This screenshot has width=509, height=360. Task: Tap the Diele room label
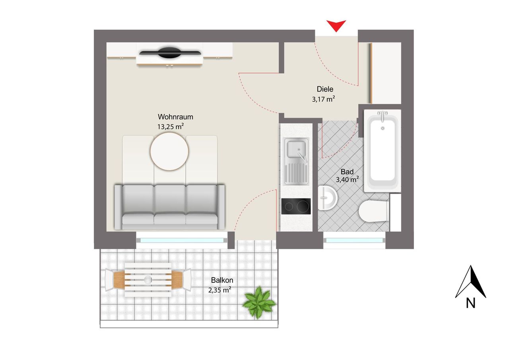tap(325, 89)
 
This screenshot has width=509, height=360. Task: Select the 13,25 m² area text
tap(170, 126)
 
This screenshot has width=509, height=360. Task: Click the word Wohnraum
tap(175, 117)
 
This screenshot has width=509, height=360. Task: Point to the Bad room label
tap(347, 172)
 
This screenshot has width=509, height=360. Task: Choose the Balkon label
tap(222, 280)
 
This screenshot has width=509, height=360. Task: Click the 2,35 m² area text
tap(220, 290)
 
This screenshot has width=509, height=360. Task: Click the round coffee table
tap(169, 152)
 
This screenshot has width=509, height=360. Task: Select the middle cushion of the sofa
tap(170, 205)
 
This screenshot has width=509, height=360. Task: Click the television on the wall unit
tap(169, 52)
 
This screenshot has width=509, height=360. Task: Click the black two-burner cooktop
tap(296, 206)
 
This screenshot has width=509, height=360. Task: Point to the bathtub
tap(382, 151)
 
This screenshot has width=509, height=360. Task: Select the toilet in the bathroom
tap(374, 211)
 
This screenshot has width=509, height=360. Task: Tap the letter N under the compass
tap(470, 304)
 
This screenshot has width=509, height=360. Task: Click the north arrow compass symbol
tap(471, 282)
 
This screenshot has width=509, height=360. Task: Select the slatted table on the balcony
tap(148, 280)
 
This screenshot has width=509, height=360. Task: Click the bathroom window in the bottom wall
tap(354, 241)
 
